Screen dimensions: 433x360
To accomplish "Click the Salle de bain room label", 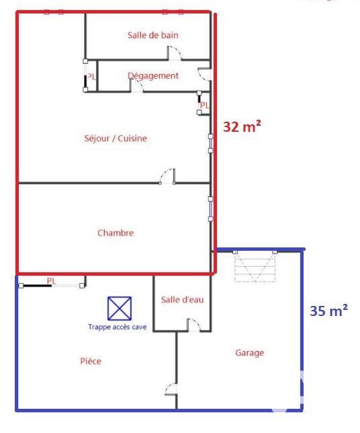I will (152, 35).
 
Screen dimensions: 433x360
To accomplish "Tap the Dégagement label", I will (153, 76).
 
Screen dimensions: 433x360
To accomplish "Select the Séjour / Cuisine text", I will (116, 139).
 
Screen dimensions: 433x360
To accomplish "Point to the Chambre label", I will (116, 233).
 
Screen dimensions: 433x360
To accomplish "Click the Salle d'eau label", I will (182, 300).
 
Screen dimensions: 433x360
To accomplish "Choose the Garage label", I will (249, 352).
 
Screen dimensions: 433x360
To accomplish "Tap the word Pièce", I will (90, 361).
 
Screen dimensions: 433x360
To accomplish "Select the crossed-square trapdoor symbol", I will (120, 309).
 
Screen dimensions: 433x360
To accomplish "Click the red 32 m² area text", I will (242, 126).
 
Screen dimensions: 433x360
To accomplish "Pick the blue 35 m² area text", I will (328, 311).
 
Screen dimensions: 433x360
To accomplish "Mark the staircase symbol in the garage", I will (255, 266).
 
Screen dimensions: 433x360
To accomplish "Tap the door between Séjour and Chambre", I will (167, 176).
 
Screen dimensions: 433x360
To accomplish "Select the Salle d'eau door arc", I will (193, 325).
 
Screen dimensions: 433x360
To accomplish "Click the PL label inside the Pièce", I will (51, 280).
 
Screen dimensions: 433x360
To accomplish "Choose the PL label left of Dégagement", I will (91, 77).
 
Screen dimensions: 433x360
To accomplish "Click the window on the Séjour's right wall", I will (210, 143).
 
